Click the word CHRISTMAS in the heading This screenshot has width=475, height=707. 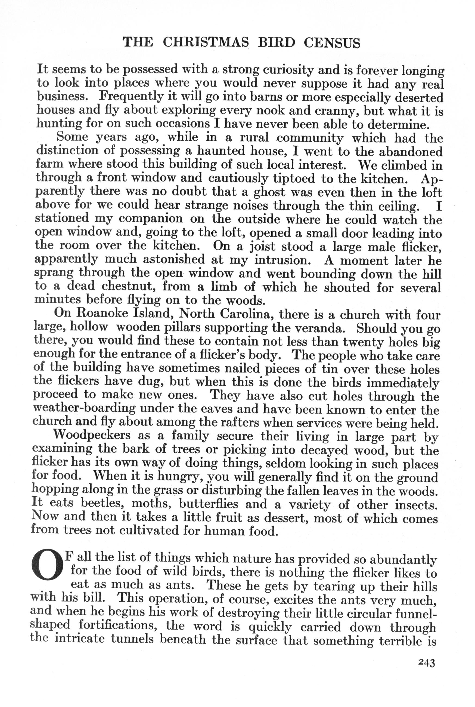point(206,42)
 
